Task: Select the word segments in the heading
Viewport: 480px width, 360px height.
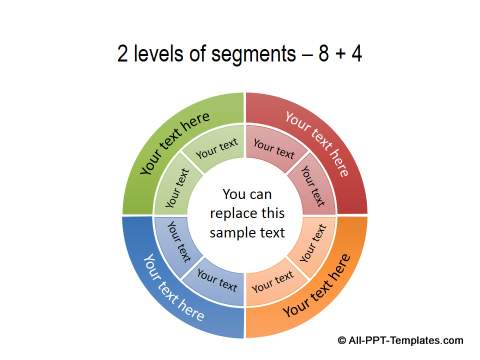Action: pos(249,54)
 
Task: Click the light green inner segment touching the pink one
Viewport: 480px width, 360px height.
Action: pos(216,149)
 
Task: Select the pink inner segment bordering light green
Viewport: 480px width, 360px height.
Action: pos(273,149)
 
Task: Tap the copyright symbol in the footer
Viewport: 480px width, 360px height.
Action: pos(343,339)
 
